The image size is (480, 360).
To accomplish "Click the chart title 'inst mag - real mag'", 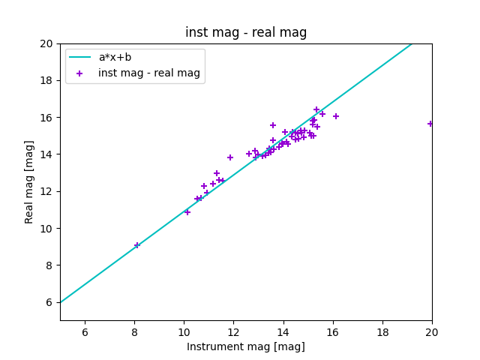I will pyautogui.click(x=246, y=33).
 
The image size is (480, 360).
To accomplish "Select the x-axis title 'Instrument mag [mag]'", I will pyautogui.click(x=246, y=346).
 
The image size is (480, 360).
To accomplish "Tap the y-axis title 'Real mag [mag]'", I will pyautogui.click(x=29, y=181).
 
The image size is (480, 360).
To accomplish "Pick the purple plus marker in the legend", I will pyautogui.click(x=80, y=73).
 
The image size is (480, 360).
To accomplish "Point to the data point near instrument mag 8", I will pyautogui.click(x=137, y=245).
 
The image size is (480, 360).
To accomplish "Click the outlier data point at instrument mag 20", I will pyautogui.click(x=430, y=124).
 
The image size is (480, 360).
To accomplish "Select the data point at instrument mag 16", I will pyautogui.click(x=336, y=116).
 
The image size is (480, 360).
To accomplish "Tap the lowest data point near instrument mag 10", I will pyautogui.click(x=187, y=212).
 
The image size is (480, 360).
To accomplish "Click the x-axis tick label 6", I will pyautogui.click(x=85, y=332).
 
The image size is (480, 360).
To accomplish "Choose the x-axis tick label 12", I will pyautogui.click(x=233, y=332).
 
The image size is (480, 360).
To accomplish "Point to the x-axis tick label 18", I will pyautogui.click(x=382, y=332).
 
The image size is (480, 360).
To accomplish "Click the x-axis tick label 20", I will pyautogui.click(x=432, y=332).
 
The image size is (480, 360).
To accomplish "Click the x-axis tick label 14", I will pyautogui.click(x=283, y=332).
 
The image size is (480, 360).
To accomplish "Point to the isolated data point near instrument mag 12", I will pyautogui.click(x=230, y=157).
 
